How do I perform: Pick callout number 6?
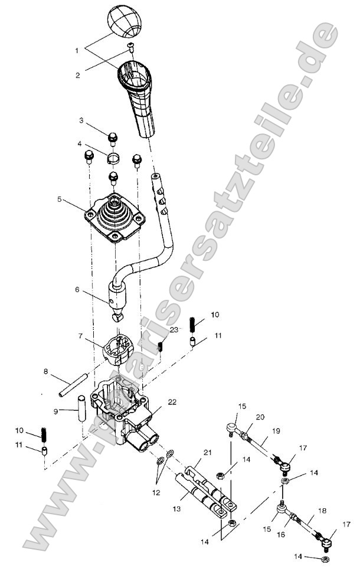click(x=76, y=290)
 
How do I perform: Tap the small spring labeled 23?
click(x=160, y=345)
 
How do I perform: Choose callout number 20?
click(x=260, y=417)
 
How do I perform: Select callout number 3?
click(x=82, y=120)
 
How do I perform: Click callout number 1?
click(x=77, y=51)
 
